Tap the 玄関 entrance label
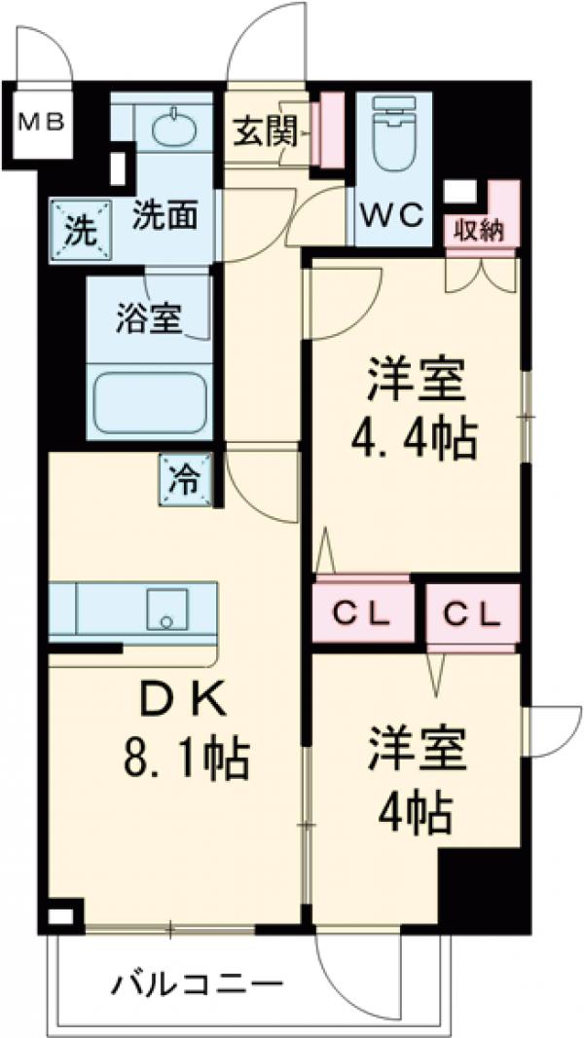265,131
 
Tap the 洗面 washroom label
164,214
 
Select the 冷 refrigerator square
186,479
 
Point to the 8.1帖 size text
184,756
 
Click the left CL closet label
361,614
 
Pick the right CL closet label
472,614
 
